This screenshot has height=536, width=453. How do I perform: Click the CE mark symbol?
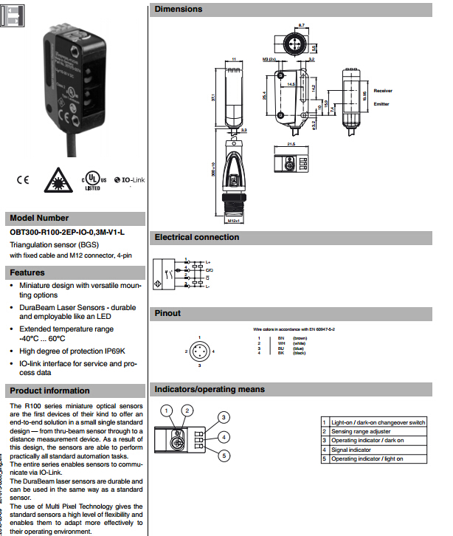(x=22, y=179)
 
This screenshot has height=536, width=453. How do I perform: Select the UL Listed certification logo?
(x=92, y=180)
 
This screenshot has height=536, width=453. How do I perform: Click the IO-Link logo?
(x=127, y=179)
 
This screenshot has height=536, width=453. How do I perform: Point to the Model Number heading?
(x=39, y=218)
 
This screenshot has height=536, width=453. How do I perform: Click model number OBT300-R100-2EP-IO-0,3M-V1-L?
(x=67, y=232)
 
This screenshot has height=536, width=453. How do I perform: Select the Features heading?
(x=27, y=272)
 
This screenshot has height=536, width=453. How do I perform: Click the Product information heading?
(x=49, y=391)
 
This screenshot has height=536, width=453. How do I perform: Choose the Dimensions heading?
(x=178, y=10)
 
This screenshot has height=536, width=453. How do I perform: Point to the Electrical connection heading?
(x=196, y=237)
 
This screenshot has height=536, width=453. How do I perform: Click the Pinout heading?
(x=167, y=313)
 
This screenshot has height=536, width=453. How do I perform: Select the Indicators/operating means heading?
(x=209, y=389)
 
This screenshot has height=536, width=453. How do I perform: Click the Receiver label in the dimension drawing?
(x=382, y=91)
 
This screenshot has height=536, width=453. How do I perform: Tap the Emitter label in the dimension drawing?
(x=381, y=104)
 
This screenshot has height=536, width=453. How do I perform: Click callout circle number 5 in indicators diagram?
(x=224, y=456)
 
